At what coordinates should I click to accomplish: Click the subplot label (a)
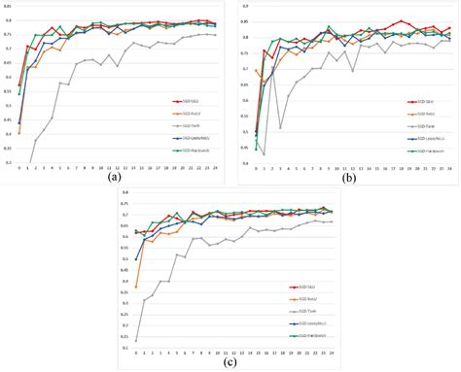coord(115,177)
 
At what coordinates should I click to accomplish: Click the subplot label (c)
coord(229,363)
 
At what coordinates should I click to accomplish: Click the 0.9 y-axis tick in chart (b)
coord(241,7)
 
